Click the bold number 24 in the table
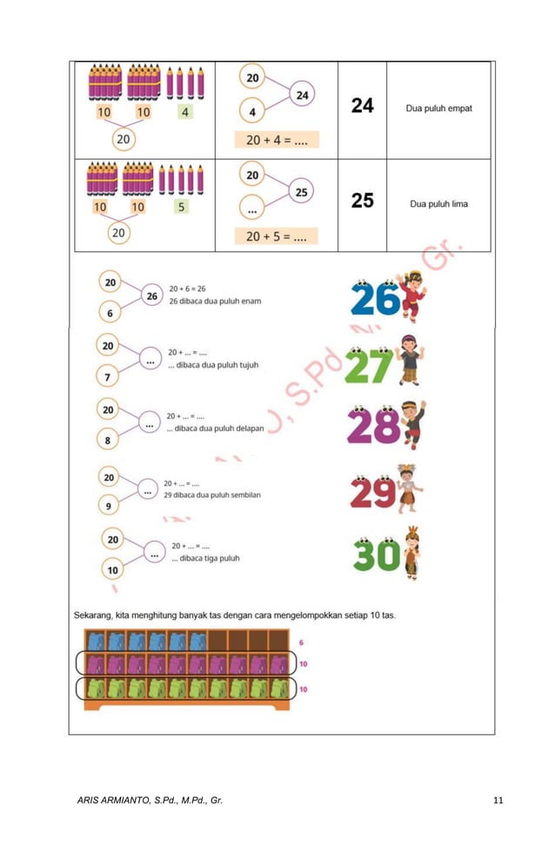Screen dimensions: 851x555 coord(362,106)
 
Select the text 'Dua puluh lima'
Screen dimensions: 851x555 coord(438,204)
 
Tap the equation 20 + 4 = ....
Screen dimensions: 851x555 coord(276,140)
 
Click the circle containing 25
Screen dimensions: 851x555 coord(300,192)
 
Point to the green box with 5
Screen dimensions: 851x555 coord(181,207)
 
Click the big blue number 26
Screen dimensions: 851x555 coord(375,300)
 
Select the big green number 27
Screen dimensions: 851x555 coord(369,366)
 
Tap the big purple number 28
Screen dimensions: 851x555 coord(373,426)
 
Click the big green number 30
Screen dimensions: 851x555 coord(377,555)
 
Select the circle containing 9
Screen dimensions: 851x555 coord(109,505)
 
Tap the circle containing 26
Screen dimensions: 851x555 coord(151,296)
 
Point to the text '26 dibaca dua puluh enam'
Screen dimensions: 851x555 coord(215,302)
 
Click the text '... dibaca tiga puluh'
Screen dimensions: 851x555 coord(205,558)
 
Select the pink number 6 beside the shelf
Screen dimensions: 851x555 coord(302,642)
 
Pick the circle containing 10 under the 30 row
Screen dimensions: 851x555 coord(113,570)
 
